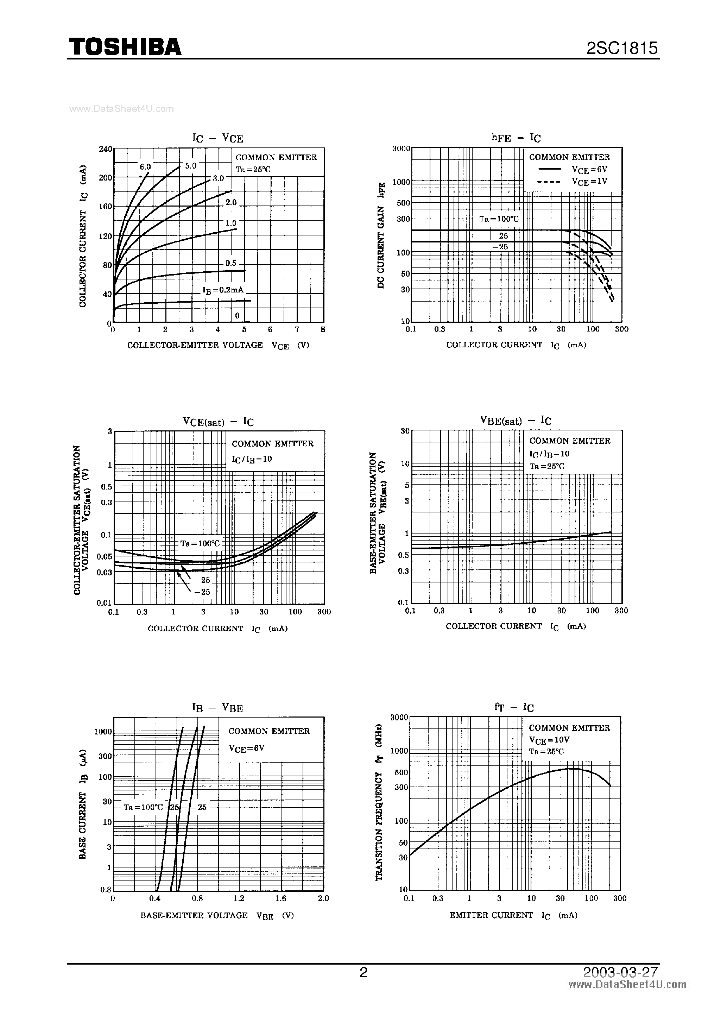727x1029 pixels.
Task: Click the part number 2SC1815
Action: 622,48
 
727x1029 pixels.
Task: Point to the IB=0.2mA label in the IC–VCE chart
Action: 223,290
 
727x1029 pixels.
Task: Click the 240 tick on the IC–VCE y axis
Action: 105,149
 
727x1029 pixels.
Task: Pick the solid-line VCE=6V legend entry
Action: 573,169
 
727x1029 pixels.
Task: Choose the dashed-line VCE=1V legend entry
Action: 573,182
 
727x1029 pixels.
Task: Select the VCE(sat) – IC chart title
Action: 218,421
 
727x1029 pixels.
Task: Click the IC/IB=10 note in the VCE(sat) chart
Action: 252,459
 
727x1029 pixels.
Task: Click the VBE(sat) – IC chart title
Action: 516,421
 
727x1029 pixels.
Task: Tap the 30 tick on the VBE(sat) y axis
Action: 405,431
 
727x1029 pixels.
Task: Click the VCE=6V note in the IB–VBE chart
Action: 247,748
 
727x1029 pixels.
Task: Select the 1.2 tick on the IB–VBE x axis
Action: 239,898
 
